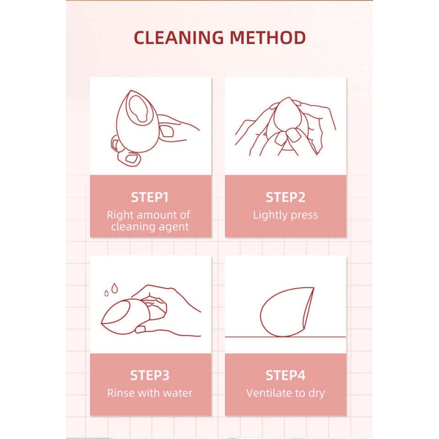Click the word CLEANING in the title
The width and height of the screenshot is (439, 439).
click(179, 38)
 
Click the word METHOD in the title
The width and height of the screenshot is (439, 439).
click(268, 38)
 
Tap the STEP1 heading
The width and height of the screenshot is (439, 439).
click(150, 198)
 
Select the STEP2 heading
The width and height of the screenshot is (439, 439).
click(285, 198)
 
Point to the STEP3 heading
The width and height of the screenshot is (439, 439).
click(150, 375)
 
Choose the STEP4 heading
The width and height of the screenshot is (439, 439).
click(285, 375)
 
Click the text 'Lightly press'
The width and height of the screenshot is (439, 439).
click(285, 215)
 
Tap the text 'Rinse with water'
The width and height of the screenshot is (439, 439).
click(150, 393)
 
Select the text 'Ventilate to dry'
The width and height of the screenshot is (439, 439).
click(285, 393)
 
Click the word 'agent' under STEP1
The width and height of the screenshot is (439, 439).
click(171, 226)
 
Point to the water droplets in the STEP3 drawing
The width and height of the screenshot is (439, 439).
click(111, 289)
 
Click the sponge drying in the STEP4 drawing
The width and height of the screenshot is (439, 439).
click(285, 311)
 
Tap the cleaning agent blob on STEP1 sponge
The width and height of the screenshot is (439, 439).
click(137, 107)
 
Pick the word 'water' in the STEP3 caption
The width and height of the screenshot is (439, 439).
click(177, 393)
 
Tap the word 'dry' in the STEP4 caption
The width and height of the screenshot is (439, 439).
click(316, 393)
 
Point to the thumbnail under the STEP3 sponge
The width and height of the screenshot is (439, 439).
click(142, 329)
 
